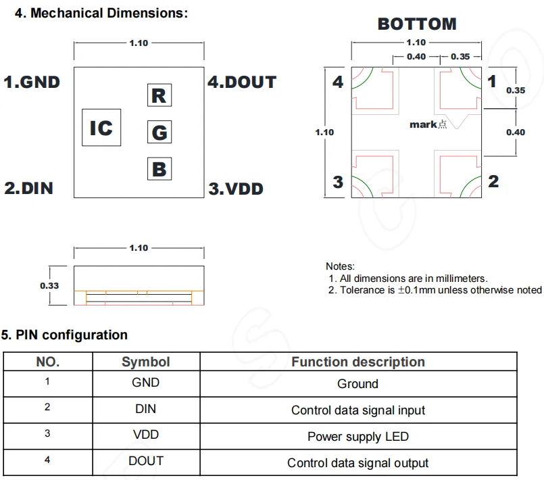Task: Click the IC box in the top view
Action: [101, 128]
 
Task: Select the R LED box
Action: [159, 95]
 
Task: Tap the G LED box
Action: [159, 132]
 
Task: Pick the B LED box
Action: [159, 168]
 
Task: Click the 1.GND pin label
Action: [32, 82]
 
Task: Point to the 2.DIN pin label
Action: [28, 188]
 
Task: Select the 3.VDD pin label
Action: [236, 189]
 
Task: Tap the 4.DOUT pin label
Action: [242, 82]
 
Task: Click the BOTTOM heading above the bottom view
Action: [417, 24]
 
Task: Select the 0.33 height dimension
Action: [49, 285]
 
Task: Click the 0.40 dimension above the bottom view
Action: [416, 57]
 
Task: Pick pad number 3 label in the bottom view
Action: [338, 182]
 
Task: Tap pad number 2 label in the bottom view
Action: [493, 181]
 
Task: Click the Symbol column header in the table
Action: [145, 362]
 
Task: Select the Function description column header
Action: [357, 362]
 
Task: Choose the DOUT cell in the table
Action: [145, 461]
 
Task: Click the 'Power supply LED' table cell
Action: [357, 436]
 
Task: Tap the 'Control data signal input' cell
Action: [357, 410]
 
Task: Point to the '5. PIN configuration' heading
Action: [64, 335]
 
